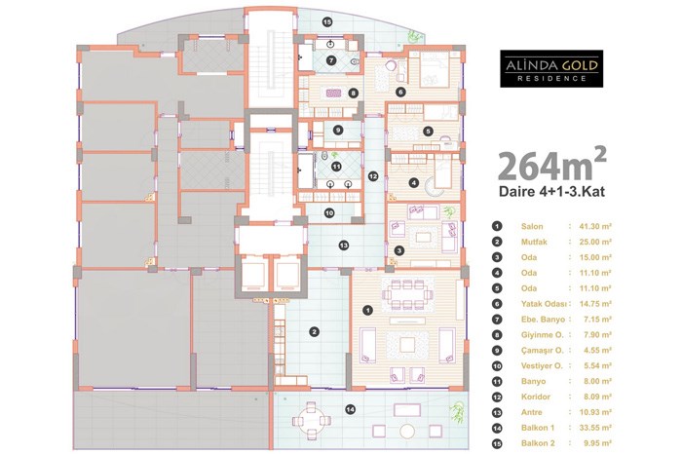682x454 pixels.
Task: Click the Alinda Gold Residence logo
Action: click(x=551, y=69)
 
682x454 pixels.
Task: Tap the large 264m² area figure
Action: click(x=551, y=165)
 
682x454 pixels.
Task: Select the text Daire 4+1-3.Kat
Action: click(x=551, y=192)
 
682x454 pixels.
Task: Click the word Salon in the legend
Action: click(x=532, y=226)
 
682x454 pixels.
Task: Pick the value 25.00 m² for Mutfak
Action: click(x=595, y=242)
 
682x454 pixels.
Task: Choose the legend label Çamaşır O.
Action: click(x=542, y=350)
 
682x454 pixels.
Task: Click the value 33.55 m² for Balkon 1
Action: click(x=595, y=428)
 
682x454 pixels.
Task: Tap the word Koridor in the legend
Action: click(x=536, y=397)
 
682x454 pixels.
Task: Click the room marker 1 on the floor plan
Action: click(x=368, y=310)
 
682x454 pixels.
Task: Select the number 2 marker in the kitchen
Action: click(x=314, y=332)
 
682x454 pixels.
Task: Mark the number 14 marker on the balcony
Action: click(x=350, y=409)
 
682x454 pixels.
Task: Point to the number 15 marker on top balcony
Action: click(x=327, y=20)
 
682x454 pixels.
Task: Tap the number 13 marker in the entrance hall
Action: click(x=344, y=246)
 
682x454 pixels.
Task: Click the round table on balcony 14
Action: click(x=312, y=421)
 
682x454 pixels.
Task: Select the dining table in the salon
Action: click(x=407, y=294)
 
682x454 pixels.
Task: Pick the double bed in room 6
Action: click(x=435, y=69)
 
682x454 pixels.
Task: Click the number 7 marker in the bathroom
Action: click(x=331, y=60)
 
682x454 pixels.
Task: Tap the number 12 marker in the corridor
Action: click(x=373, y=176)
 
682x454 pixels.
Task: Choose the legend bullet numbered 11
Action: click(x=497, y=381)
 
